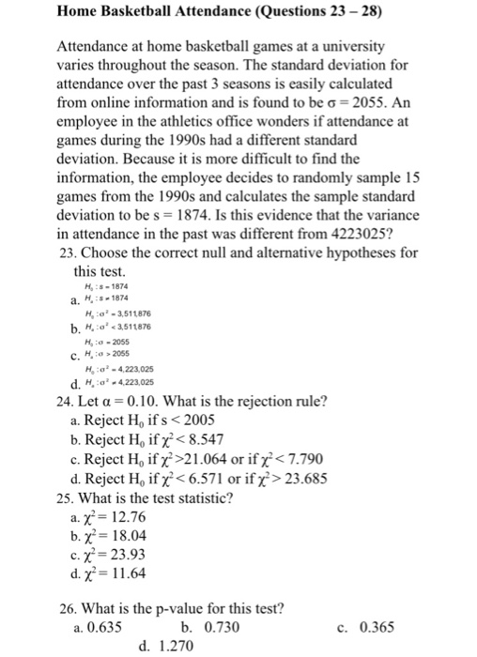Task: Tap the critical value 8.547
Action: (196, 440)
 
